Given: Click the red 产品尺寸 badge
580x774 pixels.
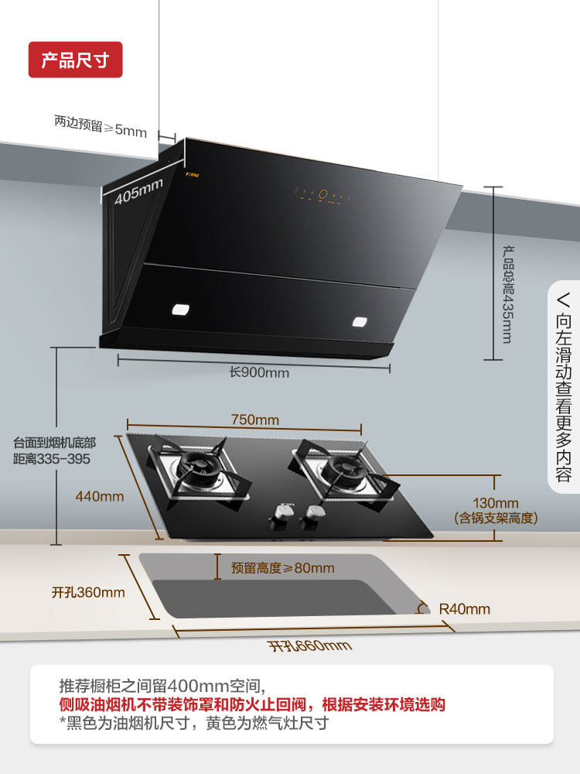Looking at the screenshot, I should click(x=75, y=60).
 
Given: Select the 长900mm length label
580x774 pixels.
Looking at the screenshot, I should click(x=259, y=372).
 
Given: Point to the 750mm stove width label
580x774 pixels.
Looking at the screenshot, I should click(x=255, y=420).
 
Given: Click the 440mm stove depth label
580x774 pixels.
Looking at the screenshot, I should click(x=99, y=496).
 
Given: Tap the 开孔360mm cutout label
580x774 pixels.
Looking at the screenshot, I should click(x=88, y=592).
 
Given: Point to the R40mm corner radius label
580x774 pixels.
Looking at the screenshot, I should click(x=464, y=609).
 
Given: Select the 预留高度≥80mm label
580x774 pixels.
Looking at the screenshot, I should click(x=282, y=568).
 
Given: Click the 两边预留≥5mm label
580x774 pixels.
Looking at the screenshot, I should click(x=101, y=125).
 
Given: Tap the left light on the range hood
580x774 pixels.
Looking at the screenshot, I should click(x=180, y=310).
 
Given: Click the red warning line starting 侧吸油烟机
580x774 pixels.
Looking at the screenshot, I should click(x=252, y=705).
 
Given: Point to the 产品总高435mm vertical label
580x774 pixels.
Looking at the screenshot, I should click(x=508, y=294).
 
